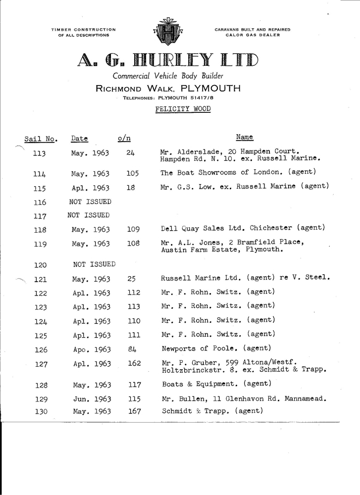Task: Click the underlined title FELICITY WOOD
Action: pyautogui.click(x=183, y=108)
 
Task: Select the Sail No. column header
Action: pyautogui.click(x=41, y=138)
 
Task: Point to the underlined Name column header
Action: pyautogui.click(x=245, y=137)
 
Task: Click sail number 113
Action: pyautogui.click(x=39, y=154)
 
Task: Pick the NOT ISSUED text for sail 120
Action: pyautogui.click(x=94, y=263)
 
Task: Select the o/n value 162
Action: pyautogui.click(x=135, y=364)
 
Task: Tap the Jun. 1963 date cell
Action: pyautogui.click(x=91, y=398)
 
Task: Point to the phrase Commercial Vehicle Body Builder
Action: pyautogui.click(x=168, y=76)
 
